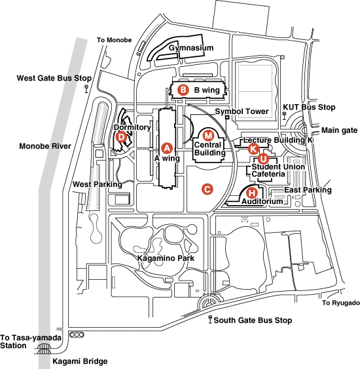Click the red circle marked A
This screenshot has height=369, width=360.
tap(167, 148)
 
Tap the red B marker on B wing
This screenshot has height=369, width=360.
tap(183, 90)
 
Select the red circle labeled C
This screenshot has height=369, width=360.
tap(207, 189)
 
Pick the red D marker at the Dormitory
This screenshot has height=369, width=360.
tap(121, 137)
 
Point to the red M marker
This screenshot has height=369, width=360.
tap(208, 135)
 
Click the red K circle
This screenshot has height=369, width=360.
tap(253, 149)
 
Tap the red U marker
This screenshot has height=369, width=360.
tap(263, 159)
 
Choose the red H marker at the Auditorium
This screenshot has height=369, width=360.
tap(251, 193)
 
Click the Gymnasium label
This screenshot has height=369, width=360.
tap(191, 48)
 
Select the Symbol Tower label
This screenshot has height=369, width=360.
tap(242, 111)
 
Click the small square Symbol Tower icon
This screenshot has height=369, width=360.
tap(227, 117)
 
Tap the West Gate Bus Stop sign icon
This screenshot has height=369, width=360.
tap(86, 88)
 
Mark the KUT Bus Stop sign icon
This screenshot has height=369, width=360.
tap(284, 115)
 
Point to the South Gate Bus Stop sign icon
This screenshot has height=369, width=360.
tap(211, 319)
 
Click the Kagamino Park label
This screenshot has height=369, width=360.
tap(166, 258)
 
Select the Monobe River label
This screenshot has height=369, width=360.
tap(45, 146)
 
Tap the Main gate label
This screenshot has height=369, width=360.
tap(339, 130)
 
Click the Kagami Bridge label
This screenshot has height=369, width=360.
tap(80, 361)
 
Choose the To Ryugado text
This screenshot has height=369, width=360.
tap(341, 303)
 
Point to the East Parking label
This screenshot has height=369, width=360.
tap(308, 190)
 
